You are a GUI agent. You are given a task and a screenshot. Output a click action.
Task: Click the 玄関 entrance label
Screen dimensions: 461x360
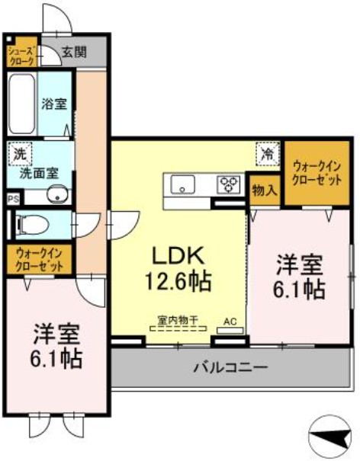coord(74,53)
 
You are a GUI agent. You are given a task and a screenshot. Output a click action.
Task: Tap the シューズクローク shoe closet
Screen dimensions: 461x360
coord(21,53)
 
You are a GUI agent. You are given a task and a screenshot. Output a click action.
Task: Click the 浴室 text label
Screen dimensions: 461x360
coord(54,104)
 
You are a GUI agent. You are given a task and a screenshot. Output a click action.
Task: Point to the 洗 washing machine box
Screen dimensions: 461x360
coord(20,153)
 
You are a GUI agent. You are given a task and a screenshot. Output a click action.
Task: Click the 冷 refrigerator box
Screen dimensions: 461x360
coord(268,153)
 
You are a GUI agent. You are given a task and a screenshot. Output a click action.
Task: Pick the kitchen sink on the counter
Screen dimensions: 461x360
coord(184,184)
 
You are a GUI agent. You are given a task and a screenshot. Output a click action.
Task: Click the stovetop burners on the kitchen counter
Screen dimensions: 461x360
coord(228,184)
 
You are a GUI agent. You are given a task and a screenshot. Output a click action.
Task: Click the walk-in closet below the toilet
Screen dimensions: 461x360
coord(38,259)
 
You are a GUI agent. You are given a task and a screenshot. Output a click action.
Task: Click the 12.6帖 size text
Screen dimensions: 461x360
coord(178,280)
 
